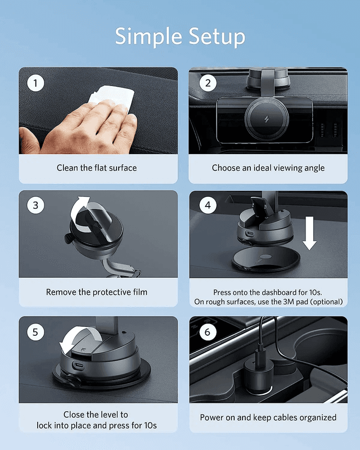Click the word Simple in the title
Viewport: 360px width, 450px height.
pos(148,37)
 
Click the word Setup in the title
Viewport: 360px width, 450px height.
pos(217,37)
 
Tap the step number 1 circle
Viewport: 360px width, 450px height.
pos(35,83)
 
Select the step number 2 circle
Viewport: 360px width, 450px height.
pos(208,83)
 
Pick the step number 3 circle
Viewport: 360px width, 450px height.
pos(35,205)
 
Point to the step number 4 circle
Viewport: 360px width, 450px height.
pos(208,205)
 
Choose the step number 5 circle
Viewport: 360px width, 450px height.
pos(35,332)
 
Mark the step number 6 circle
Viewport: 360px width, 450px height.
pos(208,332)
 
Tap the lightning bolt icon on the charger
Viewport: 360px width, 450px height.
pos(267,119)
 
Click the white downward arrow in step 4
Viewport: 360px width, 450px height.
pos(309,233)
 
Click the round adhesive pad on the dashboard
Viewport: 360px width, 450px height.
pos(266,260)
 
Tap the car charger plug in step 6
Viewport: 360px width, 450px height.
pos(259,373)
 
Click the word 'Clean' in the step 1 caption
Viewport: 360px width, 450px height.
pos(67,168)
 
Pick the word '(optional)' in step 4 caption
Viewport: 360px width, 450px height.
pos(327,302)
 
